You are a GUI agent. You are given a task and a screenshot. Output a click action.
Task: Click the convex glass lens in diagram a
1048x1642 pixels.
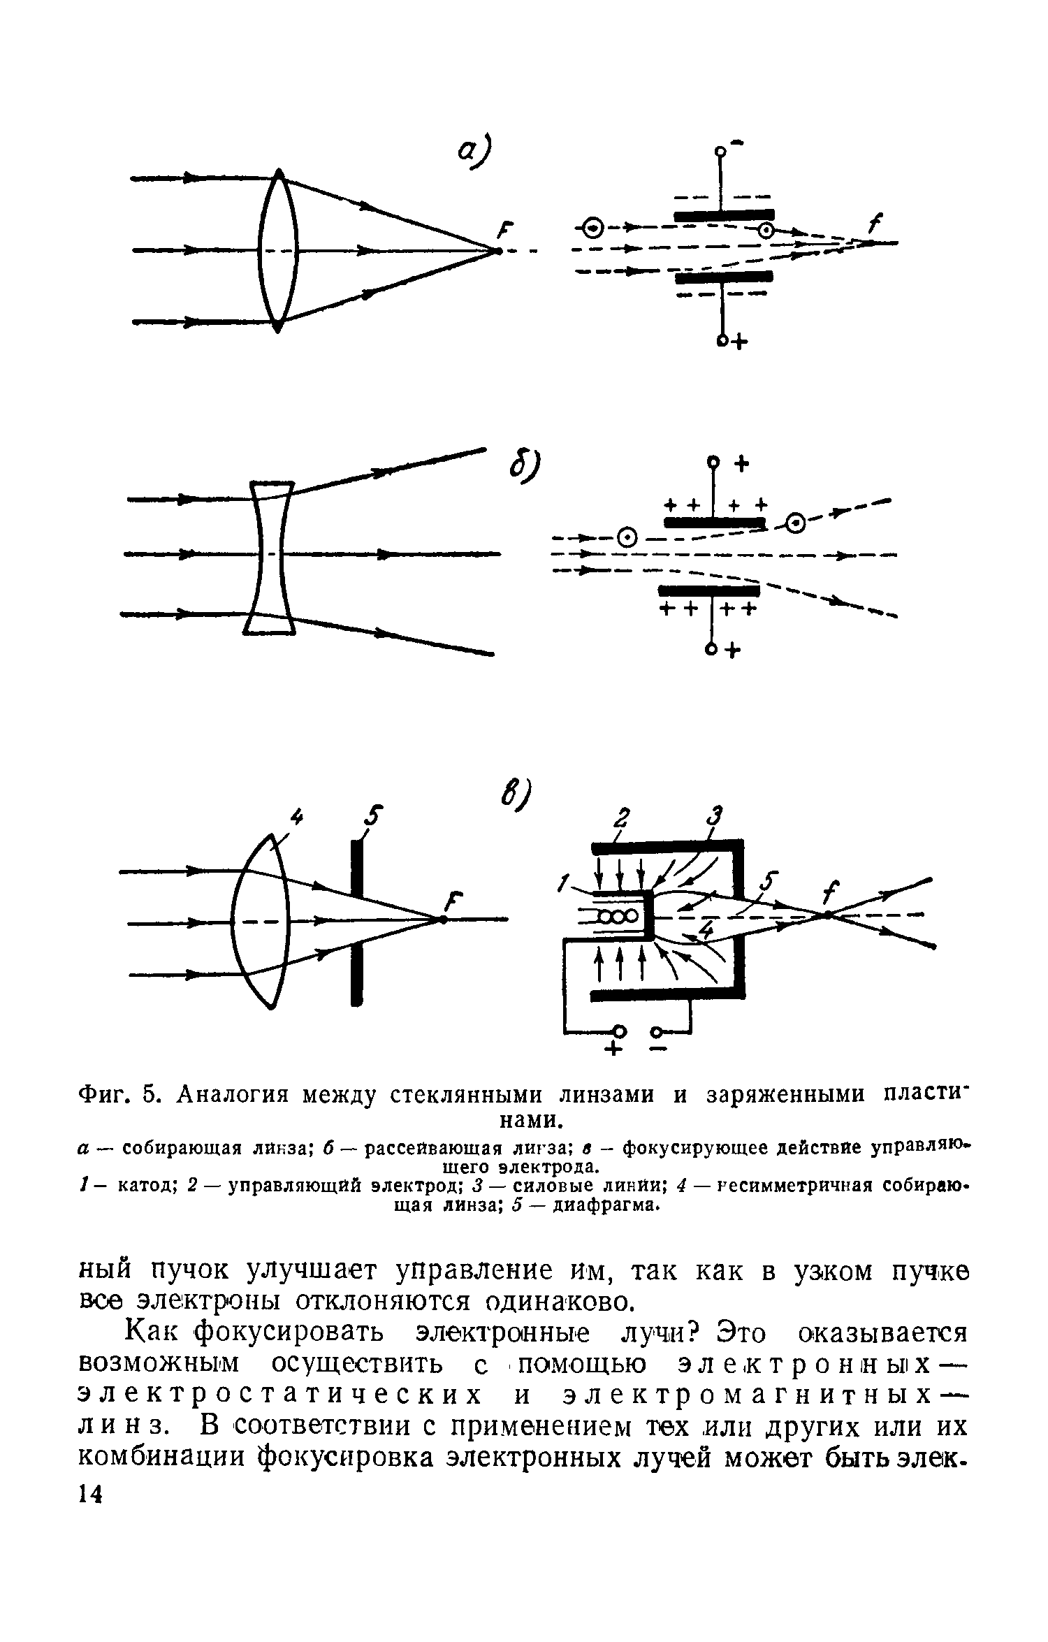click(x=278, y=250)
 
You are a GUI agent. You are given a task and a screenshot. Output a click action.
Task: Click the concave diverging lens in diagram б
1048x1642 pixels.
click(x=270, y=555)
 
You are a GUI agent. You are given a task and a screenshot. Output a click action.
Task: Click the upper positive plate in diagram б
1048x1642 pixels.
click(x=713, y=523)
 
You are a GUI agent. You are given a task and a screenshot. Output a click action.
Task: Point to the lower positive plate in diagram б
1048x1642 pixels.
click(x=707, y=591)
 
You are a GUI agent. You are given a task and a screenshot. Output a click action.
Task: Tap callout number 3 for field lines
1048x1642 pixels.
click(x=714, y=816)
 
